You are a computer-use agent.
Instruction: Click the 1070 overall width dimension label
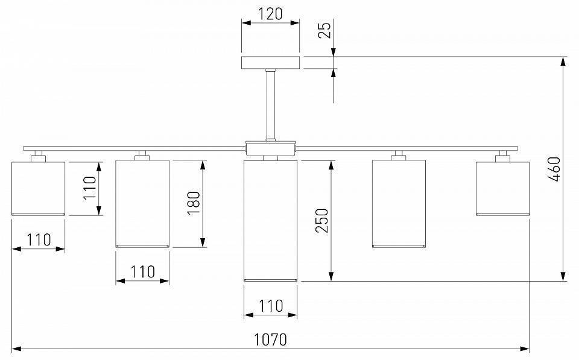(x=270, y=339)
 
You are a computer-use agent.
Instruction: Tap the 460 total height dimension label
(x=555, y=169)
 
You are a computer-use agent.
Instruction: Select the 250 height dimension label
(x=321, y=221)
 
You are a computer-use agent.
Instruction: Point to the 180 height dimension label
(x=194, y=203)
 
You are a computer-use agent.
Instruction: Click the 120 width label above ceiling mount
(x=270, y=13)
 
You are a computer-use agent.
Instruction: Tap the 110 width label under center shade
(x=270, y=306)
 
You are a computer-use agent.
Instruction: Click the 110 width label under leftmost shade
(x=38, y=239)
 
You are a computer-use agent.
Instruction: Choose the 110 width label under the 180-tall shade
(x=143, y=271)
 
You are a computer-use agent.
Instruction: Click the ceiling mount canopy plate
(x=270, y=63)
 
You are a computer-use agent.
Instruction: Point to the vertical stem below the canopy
(x=270, y=105)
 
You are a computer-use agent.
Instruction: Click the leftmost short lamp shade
(x=38, y=188)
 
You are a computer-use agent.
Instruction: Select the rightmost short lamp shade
(x=502, y=188)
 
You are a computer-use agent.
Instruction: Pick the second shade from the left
(x=142, y=203)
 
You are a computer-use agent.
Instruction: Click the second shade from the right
(x=399, y=203)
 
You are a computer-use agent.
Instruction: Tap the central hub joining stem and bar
(x=270, y=148)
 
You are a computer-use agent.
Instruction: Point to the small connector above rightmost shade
(x=502, y=156)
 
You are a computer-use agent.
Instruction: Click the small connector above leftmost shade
(x=38, y=156)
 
